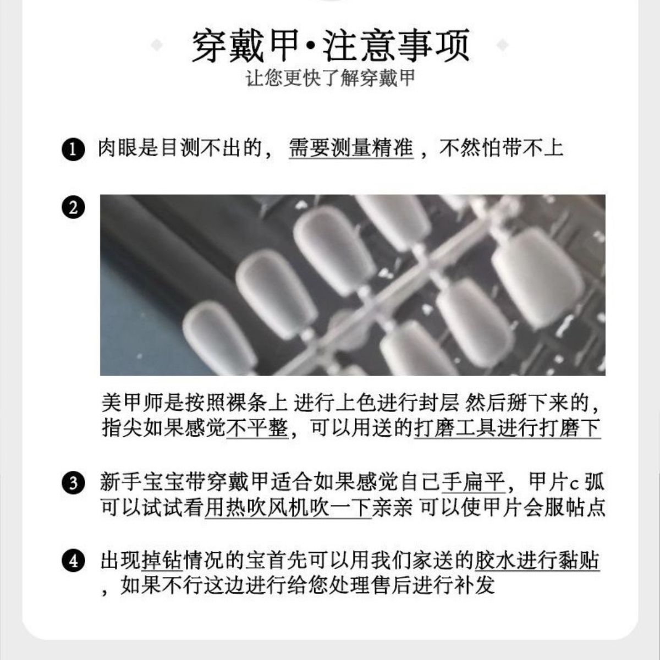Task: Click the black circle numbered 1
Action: (x=73, y=150)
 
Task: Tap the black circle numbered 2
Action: (x=73, y=207)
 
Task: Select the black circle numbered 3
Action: (x=73, y=483)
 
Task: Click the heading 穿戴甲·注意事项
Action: (x=331, y=46)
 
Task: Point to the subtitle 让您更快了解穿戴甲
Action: (x=331, y=79)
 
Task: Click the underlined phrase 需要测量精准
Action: (x=351, y=148)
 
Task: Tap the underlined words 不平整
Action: (x=257, y=428)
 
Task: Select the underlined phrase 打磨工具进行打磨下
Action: (x=507, y=428)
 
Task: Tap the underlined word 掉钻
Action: (x=162, y=560)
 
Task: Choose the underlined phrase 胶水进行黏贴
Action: (x=537, y=560)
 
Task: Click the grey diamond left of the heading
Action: (x=157, y=45)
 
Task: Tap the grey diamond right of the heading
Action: (x=503, y=45)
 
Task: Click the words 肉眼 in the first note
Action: (x=118, y=148)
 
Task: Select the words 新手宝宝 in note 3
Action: (x=141, y=482)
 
